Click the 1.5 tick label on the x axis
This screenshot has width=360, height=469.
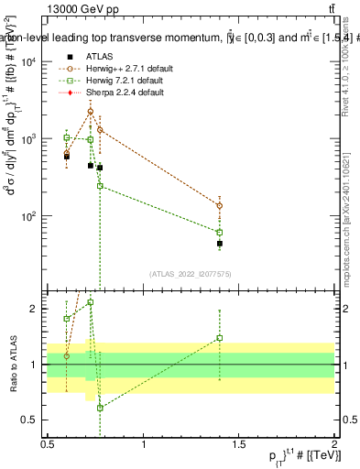tap(238, 444)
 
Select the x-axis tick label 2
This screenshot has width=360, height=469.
tap(333, 444)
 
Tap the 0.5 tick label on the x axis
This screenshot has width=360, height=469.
tap(48, 444)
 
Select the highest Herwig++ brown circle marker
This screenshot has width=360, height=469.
tap(90, 112)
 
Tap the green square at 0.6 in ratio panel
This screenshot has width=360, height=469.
tap(67, 319)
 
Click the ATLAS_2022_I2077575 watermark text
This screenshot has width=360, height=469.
tap(191, 272)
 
